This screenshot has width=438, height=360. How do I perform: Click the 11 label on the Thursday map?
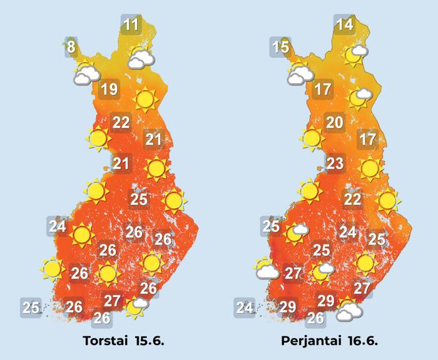131,26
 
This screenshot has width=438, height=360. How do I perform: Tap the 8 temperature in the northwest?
71,47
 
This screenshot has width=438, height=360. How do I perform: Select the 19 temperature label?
109,89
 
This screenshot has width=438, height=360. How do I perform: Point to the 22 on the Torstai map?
120,122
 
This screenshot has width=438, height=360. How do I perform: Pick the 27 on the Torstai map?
112,301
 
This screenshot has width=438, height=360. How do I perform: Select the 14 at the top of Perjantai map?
344,26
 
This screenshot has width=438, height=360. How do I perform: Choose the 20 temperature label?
334,122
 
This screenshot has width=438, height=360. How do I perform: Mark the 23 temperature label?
335,164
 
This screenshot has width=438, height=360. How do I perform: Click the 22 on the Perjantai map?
353,199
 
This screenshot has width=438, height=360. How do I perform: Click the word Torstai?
107,342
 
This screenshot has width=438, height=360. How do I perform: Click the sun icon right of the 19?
145,99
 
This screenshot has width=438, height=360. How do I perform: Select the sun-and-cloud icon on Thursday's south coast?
136,306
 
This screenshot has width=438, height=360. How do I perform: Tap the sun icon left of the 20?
311,137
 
